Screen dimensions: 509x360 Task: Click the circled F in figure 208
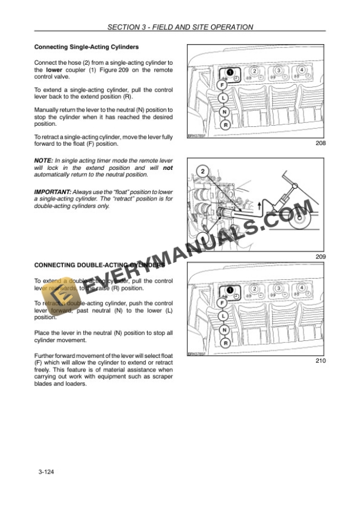[x=222, y=85]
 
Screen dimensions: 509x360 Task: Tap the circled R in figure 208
[x=225, y=124]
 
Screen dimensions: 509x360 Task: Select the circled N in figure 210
[x=225, y=330]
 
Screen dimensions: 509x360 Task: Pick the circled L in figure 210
[x=224, y=316]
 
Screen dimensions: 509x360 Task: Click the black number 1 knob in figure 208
[x=229, y=71]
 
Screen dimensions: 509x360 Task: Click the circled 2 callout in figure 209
[x=202, y=172]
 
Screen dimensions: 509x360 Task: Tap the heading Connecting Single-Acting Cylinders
[x=86, y=46]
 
